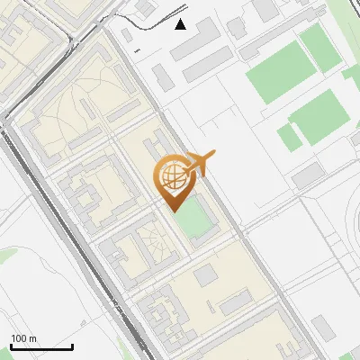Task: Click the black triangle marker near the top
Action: (x=181, y=23)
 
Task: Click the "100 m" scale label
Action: (x=23, y=338)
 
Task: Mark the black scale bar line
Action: (x=41, y=347)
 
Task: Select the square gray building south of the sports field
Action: (x=205, y=274)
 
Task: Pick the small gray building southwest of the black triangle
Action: (x=162, y=76)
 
